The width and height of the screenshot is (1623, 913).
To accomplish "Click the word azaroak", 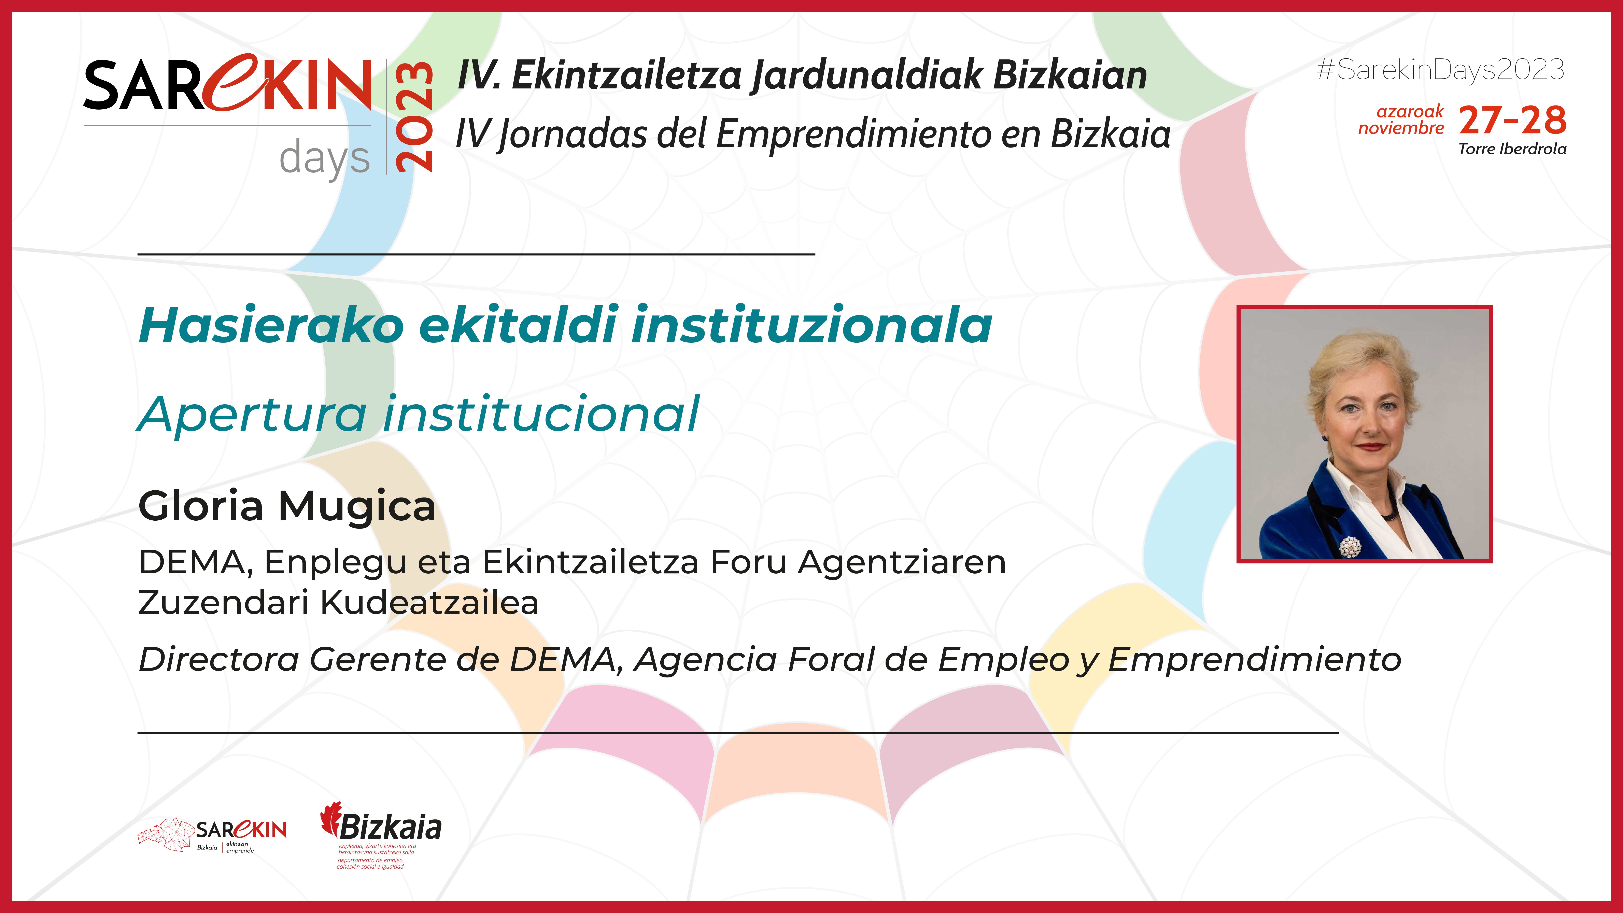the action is [x=1409, y=112].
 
